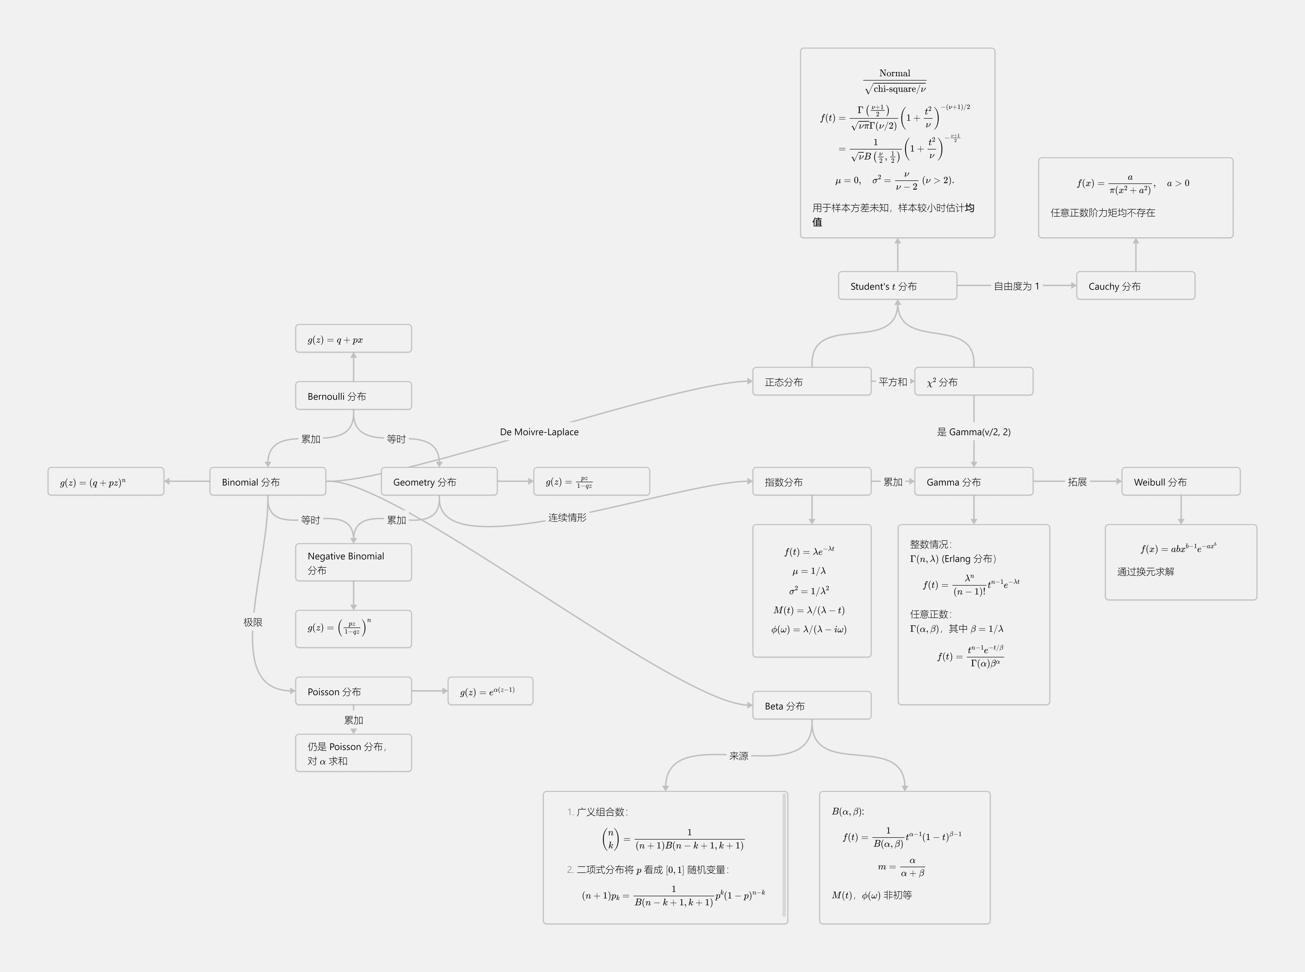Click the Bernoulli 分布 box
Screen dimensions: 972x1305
click(353, 396)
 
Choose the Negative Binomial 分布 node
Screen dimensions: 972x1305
click(353, 563)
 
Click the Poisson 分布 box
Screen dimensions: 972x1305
click(353, 691)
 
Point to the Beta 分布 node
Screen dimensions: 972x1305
click(812, 705)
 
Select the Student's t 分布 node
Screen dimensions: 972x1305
click(897, 286)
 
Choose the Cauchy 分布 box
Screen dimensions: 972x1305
click(1135, 286)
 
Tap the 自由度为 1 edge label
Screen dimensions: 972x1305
click(1016, 286)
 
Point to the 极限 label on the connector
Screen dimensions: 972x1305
click(253, 622)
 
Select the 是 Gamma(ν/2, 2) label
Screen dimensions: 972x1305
click(973, 432)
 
